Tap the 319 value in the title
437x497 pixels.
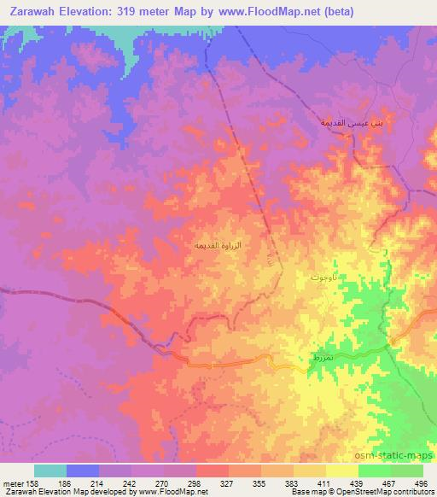coord(137,12)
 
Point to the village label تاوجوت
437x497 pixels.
coord(326,278)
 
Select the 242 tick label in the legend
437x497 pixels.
coord(131,482)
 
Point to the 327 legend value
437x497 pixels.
coord(227,482)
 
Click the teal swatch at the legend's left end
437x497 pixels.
coord(50,471)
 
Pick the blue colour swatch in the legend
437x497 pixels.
coord(83,471)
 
